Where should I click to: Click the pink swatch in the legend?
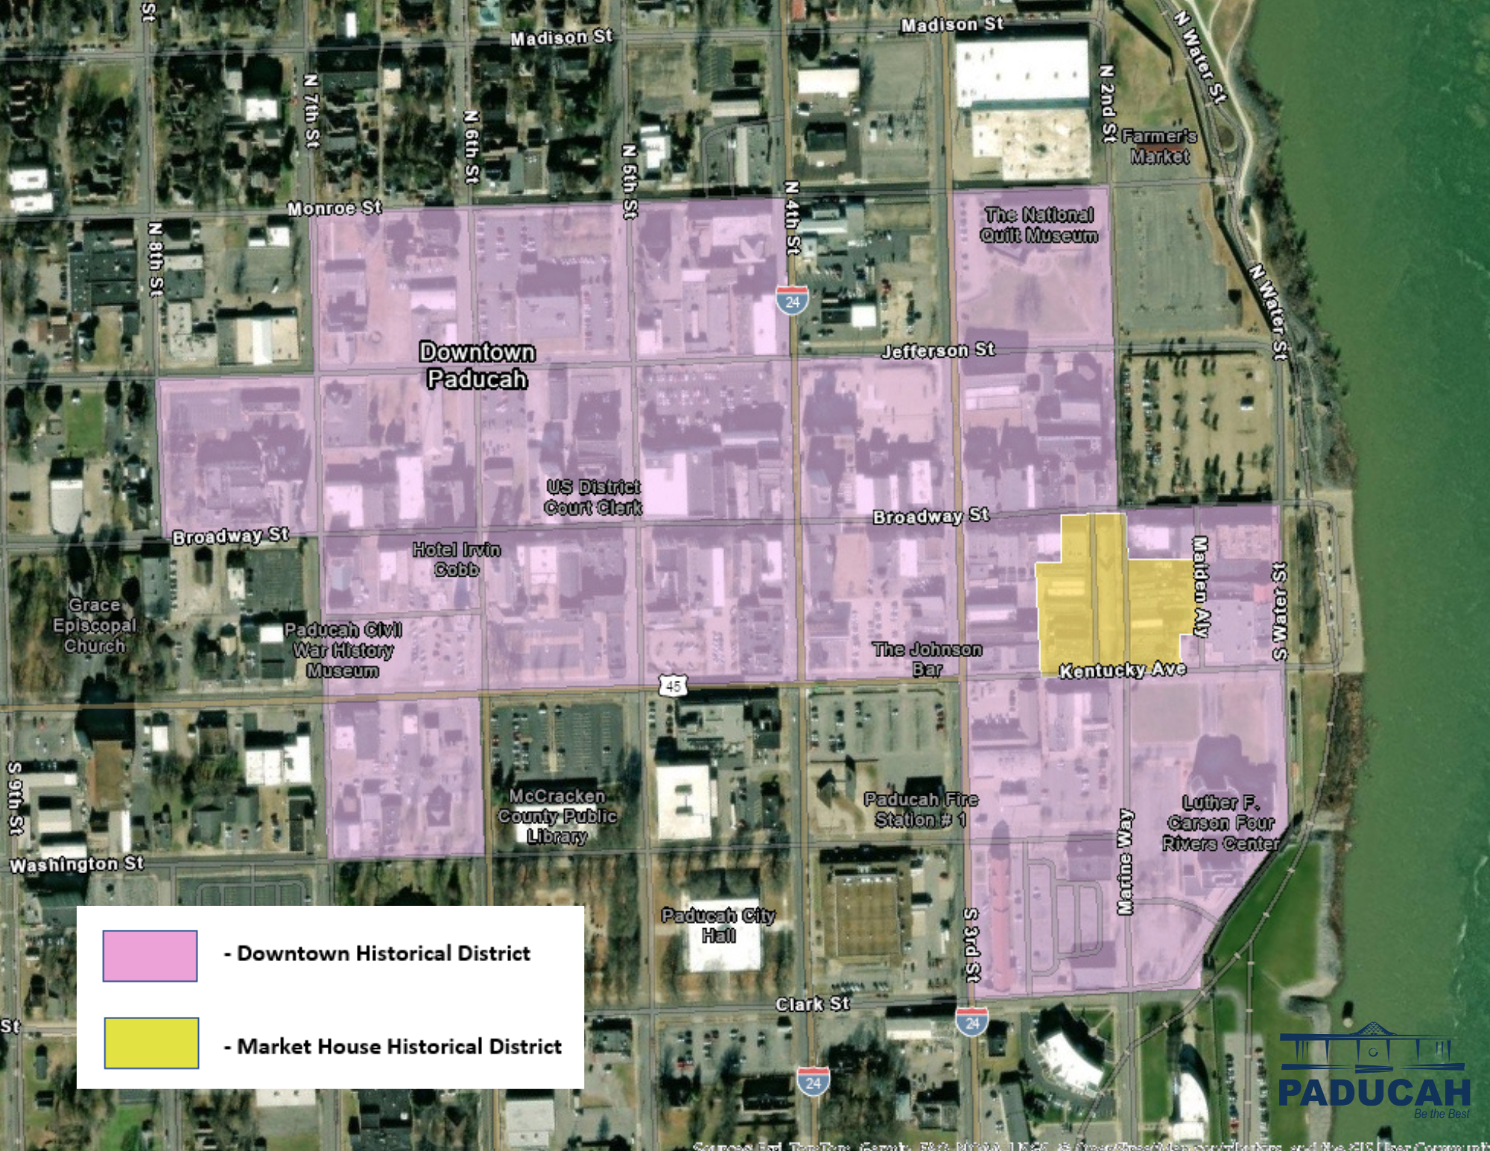150,955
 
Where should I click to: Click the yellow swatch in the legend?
151,1043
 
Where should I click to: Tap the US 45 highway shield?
673,685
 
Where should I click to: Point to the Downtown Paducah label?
477,365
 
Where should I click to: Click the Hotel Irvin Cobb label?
457,559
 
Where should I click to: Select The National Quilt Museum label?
1039,225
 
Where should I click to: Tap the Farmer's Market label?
1159,146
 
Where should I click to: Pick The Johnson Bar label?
928,659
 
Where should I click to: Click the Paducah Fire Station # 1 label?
921,810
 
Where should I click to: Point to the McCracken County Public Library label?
557,816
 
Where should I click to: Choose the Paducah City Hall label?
718,925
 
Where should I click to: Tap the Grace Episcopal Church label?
95,626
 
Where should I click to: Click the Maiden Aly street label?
1200,586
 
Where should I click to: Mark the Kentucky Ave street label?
1122,670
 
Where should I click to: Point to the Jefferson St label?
938,349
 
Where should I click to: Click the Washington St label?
77,865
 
